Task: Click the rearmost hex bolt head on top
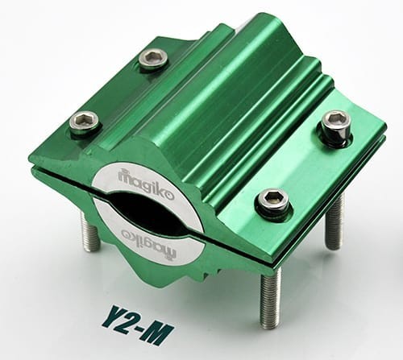[x=153, y=58]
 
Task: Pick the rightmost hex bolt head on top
[x=336, y=123]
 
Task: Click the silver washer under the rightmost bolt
[x=337, y=139]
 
